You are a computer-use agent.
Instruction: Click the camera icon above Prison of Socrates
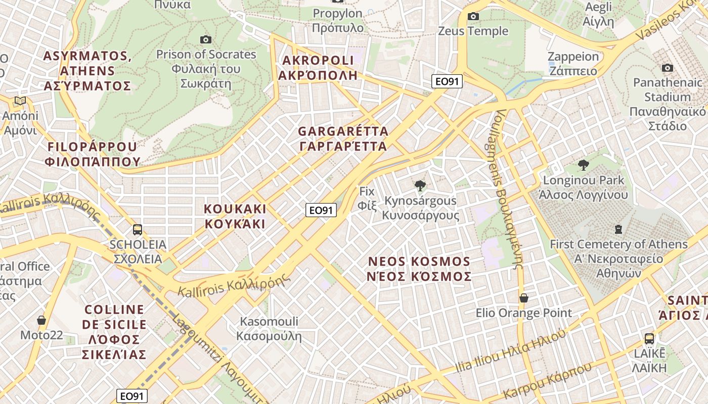[205, 39]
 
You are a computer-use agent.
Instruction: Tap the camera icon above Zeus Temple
[473, 16]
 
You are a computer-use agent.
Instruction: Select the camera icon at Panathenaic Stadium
[668, 68]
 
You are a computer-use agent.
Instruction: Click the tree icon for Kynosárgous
[420, 186]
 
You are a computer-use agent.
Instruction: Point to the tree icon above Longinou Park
[584, 165]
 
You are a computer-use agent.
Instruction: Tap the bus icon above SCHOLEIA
[137, 230]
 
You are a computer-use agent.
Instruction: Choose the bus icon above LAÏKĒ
[649, 338]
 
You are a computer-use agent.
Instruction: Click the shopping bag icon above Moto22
[41, 320]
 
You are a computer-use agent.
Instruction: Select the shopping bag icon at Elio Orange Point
[524, 298]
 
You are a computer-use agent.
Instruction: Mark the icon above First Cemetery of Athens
[618, 229]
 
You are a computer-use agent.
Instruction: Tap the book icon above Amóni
[20, 101]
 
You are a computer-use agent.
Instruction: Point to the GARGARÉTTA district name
[343, 139]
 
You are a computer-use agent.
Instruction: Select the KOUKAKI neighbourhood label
[235, 216]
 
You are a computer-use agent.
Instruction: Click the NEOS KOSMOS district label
[419, 269]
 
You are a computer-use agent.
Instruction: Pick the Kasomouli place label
[269, 329]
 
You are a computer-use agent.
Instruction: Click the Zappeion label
[573, 63]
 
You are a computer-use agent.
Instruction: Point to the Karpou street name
[547, 381]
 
